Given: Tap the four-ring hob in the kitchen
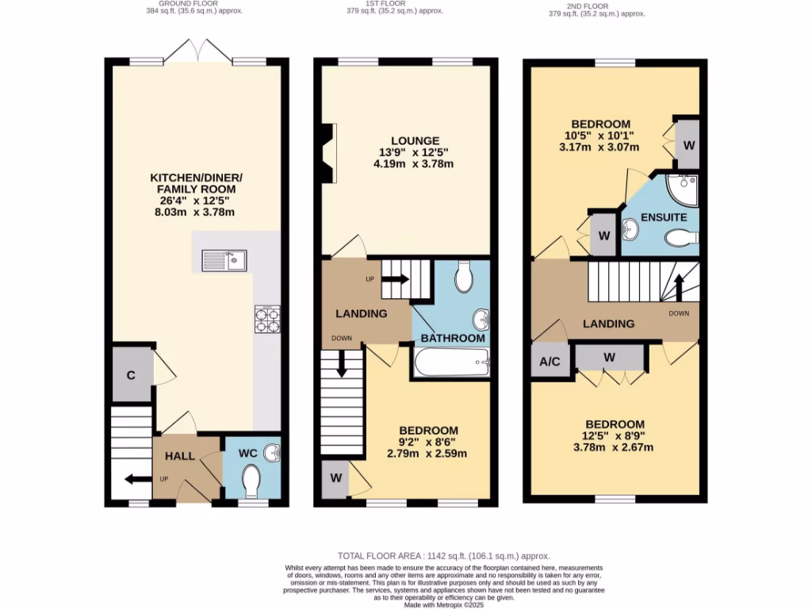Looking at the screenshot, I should (x=266, y=319).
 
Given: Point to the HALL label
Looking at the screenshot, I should (x=179, y=457).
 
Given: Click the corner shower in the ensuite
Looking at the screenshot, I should (x=681, y=188).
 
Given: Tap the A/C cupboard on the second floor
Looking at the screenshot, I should (x=550, y=362).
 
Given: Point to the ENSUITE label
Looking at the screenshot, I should (x=659, y=216).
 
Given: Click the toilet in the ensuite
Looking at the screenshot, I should (x=680, y=237).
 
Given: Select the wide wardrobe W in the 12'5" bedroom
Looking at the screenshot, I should (x=609, y=357).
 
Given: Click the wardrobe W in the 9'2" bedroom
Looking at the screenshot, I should (x=335, y=478).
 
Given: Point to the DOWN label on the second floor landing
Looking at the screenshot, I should (x=680, y=312).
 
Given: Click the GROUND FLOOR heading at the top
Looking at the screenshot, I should (x=195, y=4).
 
